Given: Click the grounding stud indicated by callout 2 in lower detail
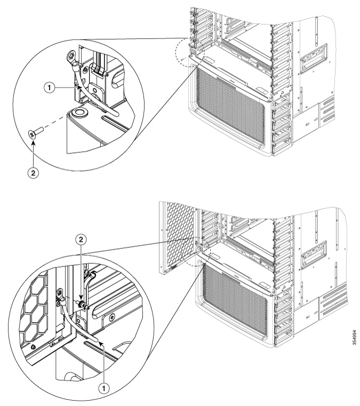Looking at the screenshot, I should click(x=82, y=306).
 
